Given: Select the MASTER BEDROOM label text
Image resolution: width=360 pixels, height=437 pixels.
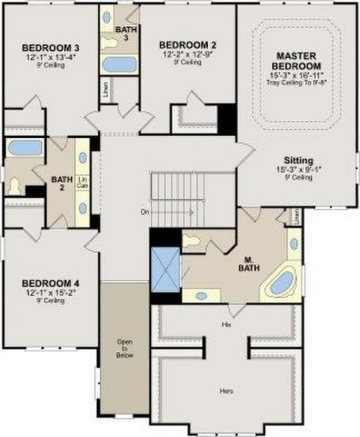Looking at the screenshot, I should tap(296, 60).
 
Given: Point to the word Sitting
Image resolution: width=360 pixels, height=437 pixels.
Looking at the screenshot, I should tap(298, 160).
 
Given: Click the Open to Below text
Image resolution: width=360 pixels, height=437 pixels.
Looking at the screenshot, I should tap(125, 348).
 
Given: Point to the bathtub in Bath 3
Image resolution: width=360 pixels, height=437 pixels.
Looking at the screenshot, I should tap(119, 65).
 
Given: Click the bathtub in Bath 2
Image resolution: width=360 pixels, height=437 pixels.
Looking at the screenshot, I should tap(25, 148).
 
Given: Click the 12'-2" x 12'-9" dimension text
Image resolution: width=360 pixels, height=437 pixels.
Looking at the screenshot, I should tap(181, 53).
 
